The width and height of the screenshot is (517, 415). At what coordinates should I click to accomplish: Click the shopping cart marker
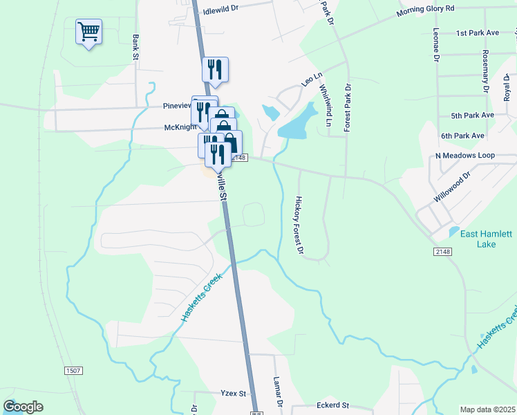[88, 32]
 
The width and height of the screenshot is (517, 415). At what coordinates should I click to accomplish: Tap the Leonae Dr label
[436, 45]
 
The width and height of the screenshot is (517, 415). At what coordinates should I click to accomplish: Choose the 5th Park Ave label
[472, 115]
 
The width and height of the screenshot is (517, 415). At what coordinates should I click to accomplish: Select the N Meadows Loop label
[465, 156]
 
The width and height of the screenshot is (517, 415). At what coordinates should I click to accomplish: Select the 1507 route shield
[74, 371]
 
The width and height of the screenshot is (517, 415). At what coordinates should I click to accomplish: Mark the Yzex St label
[233, 393]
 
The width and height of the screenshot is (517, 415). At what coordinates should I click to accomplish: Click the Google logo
[23, 406]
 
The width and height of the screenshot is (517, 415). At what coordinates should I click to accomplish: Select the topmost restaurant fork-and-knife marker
[215, 69]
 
